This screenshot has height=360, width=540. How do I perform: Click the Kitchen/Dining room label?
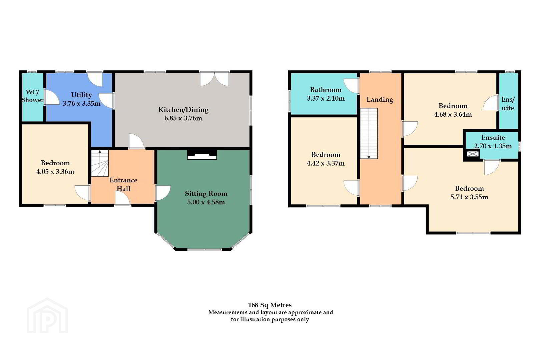tap(183, 110)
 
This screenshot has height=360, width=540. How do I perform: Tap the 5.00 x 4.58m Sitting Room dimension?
tap(206, 202)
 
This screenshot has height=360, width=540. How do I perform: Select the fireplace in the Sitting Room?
tap(202, 155)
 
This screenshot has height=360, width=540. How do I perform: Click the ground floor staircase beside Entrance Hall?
tap(100, 163)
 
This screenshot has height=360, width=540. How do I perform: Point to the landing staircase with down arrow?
tap(369, 133)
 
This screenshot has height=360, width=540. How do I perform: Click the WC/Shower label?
tap(32, 96)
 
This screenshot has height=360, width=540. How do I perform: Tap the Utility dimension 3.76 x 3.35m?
tap(81, 104)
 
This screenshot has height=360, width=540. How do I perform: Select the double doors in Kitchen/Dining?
tap(214, 79)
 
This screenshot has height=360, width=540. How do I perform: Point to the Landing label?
tap(380, 100)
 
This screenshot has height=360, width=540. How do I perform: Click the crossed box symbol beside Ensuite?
tap(473, 154)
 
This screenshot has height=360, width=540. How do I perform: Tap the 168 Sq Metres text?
tap(270, 305)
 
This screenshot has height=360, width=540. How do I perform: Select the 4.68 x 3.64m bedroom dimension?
tap(453, 114)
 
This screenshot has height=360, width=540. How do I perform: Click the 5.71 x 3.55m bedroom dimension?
tap(469, 197)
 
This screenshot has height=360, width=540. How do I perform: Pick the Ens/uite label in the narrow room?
tap(508, 104)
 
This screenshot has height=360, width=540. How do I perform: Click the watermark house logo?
tap(47, 316)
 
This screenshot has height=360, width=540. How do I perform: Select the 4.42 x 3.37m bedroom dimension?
tap(326, 163)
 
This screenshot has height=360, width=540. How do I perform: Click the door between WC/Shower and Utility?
tap(52, 97)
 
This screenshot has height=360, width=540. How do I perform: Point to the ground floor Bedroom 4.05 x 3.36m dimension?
tap(55, 172)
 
